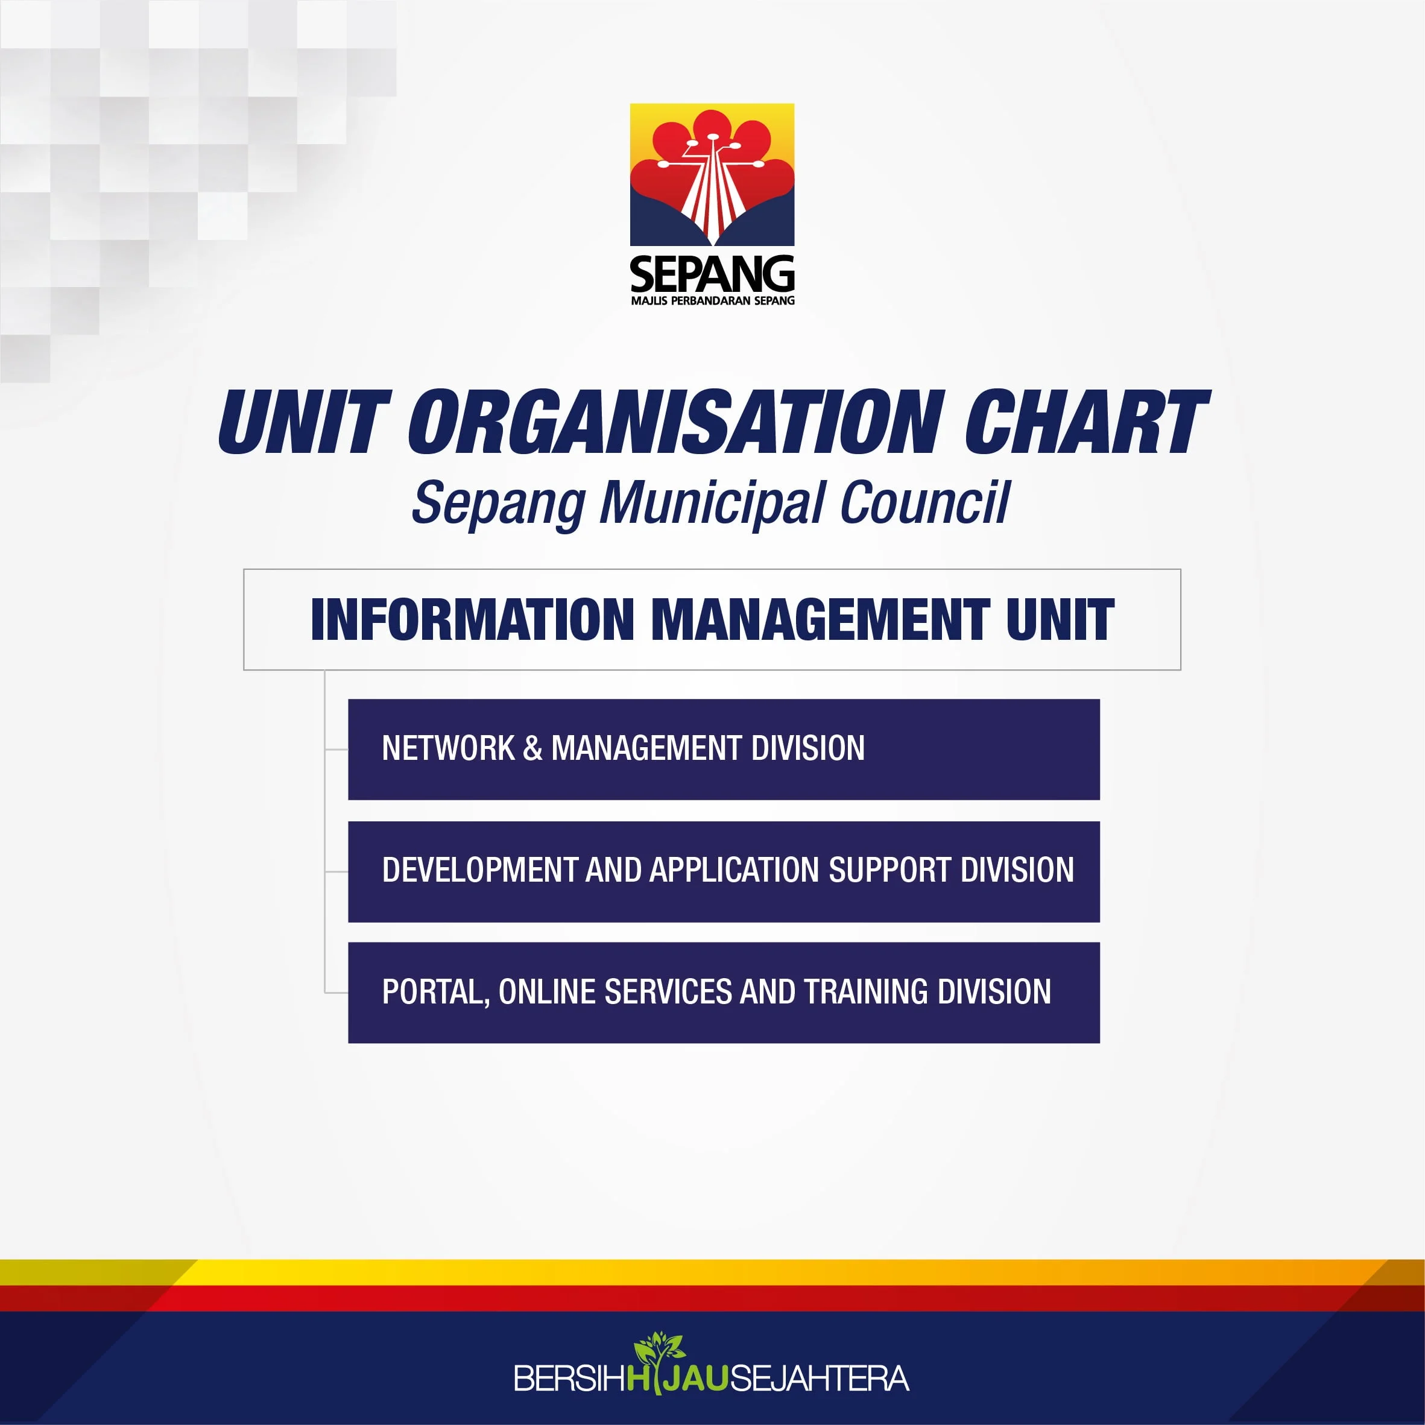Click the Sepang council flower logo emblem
coord(712,175)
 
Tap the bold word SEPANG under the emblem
coord(712,274)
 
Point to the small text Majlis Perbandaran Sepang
coord(713,300)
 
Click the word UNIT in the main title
coord(304,422)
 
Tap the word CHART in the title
coord(1087,422)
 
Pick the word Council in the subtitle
coord(924,502)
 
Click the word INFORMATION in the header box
coord(472,619)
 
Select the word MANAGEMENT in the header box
coord(820,619)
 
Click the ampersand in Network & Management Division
coord(532,748)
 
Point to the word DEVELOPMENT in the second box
coord(479,870)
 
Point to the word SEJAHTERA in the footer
coord(819,1379)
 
